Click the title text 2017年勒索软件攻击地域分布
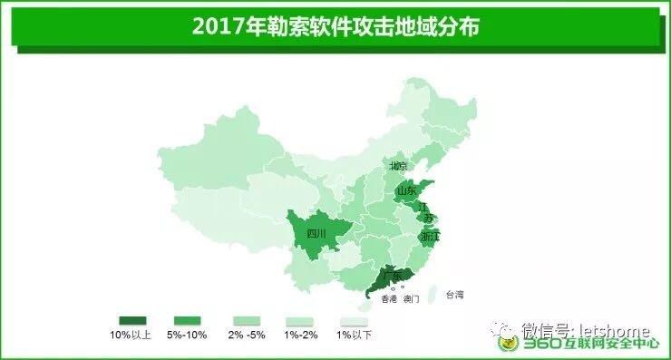pos(335,26)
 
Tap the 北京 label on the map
pos(399,166)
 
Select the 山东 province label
pos(405,191)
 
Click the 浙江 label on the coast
pos(429,236)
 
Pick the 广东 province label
pos(392,275)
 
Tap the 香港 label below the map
pos(388,298)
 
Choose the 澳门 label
pos(412,298)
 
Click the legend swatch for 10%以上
pos(132,321)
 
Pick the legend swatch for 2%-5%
pos(247,321)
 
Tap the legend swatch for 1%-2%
pos(300,321)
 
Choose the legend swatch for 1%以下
pos(354,321)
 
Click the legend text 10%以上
pos(131,336)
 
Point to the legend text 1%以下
pos(354,336)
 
